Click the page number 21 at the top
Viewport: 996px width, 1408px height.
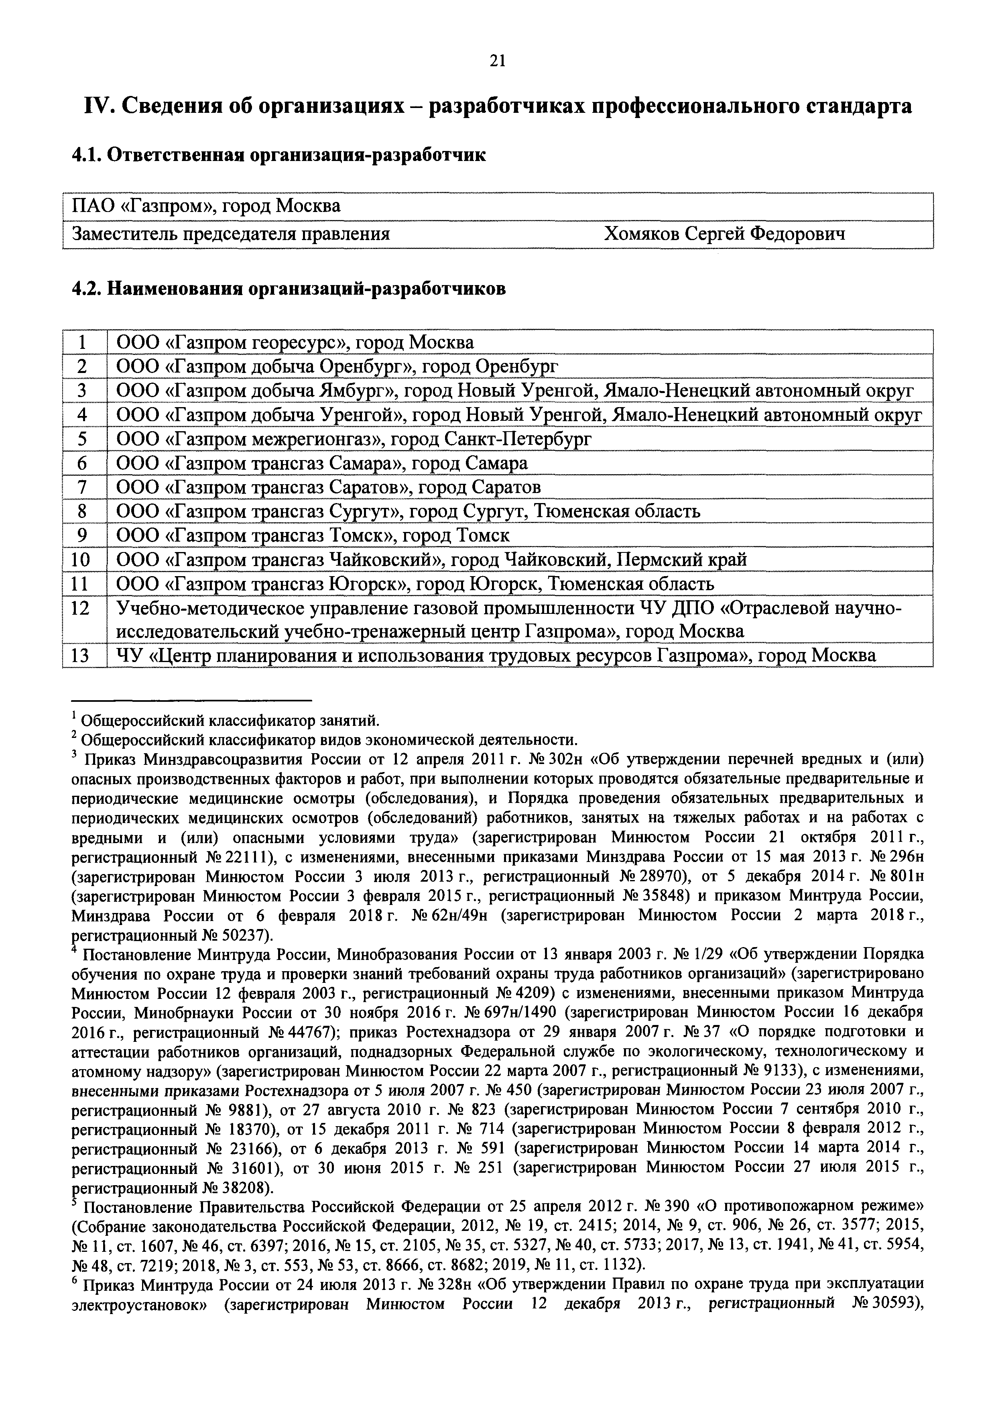497,60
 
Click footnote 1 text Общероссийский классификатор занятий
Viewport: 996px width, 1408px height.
230,719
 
